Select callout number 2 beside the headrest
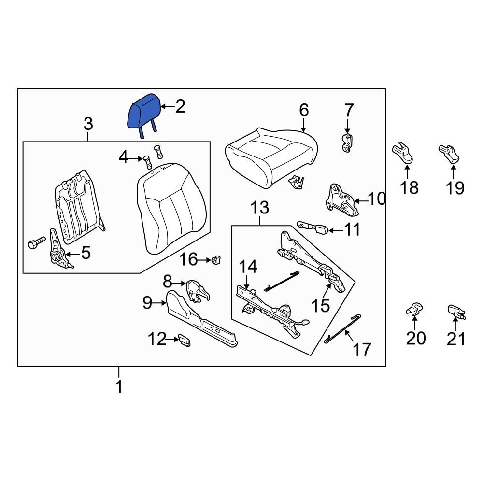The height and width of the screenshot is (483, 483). point(180,107)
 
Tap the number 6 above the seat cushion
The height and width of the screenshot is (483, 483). point(304,110)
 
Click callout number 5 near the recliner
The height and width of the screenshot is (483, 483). point(85,253)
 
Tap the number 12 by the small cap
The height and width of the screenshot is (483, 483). point(157,339)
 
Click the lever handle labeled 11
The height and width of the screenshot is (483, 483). point(313,228)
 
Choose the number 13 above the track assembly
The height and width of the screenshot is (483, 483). point(260,208)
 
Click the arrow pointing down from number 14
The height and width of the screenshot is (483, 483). point(246,282)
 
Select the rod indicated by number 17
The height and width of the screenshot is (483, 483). point(342,329)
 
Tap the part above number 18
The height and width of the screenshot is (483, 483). point(403,153)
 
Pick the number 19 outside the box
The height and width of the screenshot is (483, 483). point(455,187)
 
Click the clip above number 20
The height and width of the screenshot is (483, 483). point(414,309)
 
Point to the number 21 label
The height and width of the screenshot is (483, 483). point(456,339)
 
